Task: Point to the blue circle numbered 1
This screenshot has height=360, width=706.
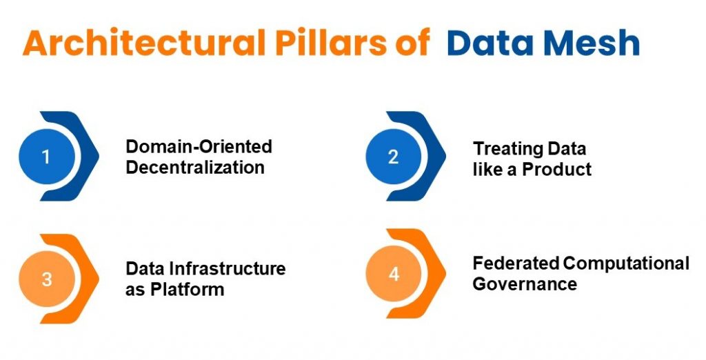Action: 46,157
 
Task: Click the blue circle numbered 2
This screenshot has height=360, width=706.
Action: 393,157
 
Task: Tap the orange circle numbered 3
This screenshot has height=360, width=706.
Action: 46,279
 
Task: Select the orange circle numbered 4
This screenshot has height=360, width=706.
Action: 393,274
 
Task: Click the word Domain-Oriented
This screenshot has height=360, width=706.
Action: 199,147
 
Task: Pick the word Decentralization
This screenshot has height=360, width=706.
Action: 195,168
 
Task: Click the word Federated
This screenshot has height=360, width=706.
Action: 515,263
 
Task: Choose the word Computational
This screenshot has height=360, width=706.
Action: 626,263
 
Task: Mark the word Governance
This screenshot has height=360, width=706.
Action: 524,283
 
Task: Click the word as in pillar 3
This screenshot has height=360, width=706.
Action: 134,290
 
